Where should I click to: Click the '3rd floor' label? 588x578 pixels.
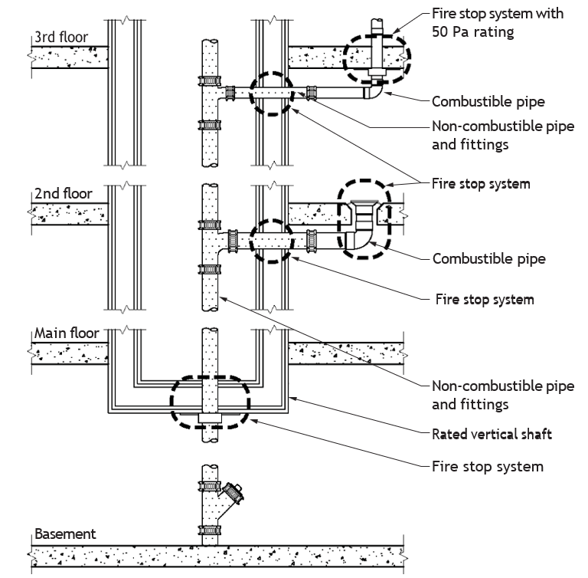[61, 38]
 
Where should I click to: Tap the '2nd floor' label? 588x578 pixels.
[63, 193]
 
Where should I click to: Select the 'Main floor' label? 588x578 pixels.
[67, 333]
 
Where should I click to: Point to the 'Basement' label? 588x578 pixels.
[65, 534]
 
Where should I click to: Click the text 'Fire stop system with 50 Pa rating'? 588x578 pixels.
[497, 22]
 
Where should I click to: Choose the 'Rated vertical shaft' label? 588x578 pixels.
[492, 434]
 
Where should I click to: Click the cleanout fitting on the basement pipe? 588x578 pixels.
[233, 491]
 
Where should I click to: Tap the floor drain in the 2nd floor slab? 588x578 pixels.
[364, 215]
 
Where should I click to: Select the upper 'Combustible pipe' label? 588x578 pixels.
[488, 101]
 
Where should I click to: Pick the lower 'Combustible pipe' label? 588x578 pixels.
[489, 258]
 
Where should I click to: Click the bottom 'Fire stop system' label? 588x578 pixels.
[488, 466]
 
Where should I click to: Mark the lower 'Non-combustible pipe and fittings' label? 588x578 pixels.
[503, 395]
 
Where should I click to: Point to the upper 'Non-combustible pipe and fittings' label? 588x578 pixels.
[503, 135]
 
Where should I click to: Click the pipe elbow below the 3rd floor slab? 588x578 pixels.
[374, 90]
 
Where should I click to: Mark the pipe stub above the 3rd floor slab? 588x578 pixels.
[377, 28]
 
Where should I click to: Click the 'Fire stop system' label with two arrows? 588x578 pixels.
[481, 184]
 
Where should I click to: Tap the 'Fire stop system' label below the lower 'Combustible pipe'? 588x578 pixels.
[485, 299]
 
